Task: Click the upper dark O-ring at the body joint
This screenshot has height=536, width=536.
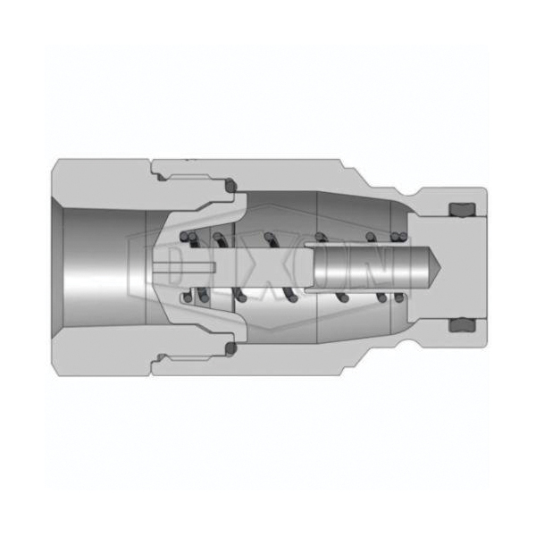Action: (x=231, y=185)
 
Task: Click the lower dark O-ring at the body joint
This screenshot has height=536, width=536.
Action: (x=231, y=348)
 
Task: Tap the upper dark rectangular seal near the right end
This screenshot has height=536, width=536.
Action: (x=462, y=209)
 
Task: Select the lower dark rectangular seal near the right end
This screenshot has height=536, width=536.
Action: (x=462, y=325)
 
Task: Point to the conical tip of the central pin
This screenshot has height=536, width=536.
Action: (x=435, y=267)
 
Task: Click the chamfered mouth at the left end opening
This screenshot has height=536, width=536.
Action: (x=58, y=267)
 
